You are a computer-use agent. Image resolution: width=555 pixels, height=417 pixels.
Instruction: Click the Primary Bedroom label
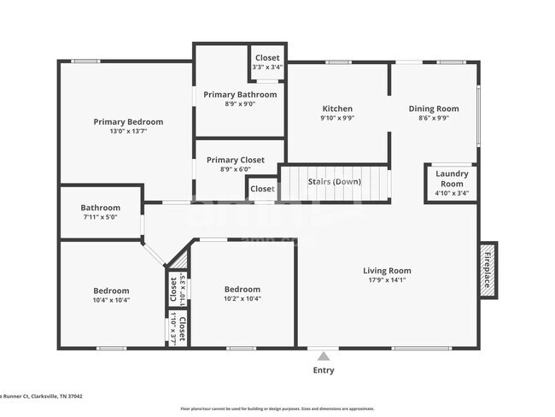coord(127,122)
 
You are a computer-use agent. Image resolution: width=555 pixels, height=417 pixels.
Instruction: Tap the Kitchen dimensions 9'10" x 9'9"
coord(337,119)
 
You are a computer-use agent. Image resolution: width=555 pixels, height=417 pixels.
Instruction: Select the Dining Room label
coord(433,109)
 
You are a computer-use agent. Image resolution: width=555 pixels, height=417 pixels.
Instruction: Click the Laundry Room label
coord(452,179)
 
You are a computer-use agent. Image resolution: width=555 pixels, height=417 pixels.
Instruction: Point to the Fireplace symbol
coord(488,269)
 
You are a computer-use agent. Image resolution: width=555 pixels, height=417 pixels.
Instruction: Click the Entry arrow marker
coord(323,355)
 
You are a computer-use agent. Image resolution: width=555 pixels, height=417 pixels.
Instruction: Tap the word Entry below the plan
coord(324,370)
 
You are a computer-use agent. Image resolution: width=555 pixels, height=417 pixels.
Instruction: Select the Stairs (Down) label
coord(334,181)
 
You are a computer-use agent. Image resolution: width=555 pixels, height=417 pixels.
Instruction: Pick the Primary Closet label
coord(235,160)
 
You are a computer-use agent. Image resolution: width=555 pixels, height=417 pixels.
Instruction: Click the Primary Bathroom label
coord(240,94)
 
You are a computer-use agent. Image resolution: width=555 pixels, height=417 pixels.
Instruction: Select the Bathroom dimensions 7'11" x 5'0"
coord(100,217)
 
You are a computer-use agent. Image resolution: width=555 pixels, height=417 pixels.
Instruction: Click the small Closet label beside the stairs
coord(262,189)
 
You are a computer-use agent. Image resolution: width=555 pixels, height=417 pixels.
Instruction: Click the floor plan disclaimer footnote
coord(276,408)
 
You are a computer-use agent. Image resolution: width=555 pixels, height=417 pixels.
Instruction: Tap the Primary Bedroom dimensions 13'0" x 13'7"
coord(127,132)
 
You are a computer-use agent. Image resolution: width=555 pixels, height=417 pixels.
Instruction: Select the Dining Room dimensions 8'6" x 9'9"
coord(433,119)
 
